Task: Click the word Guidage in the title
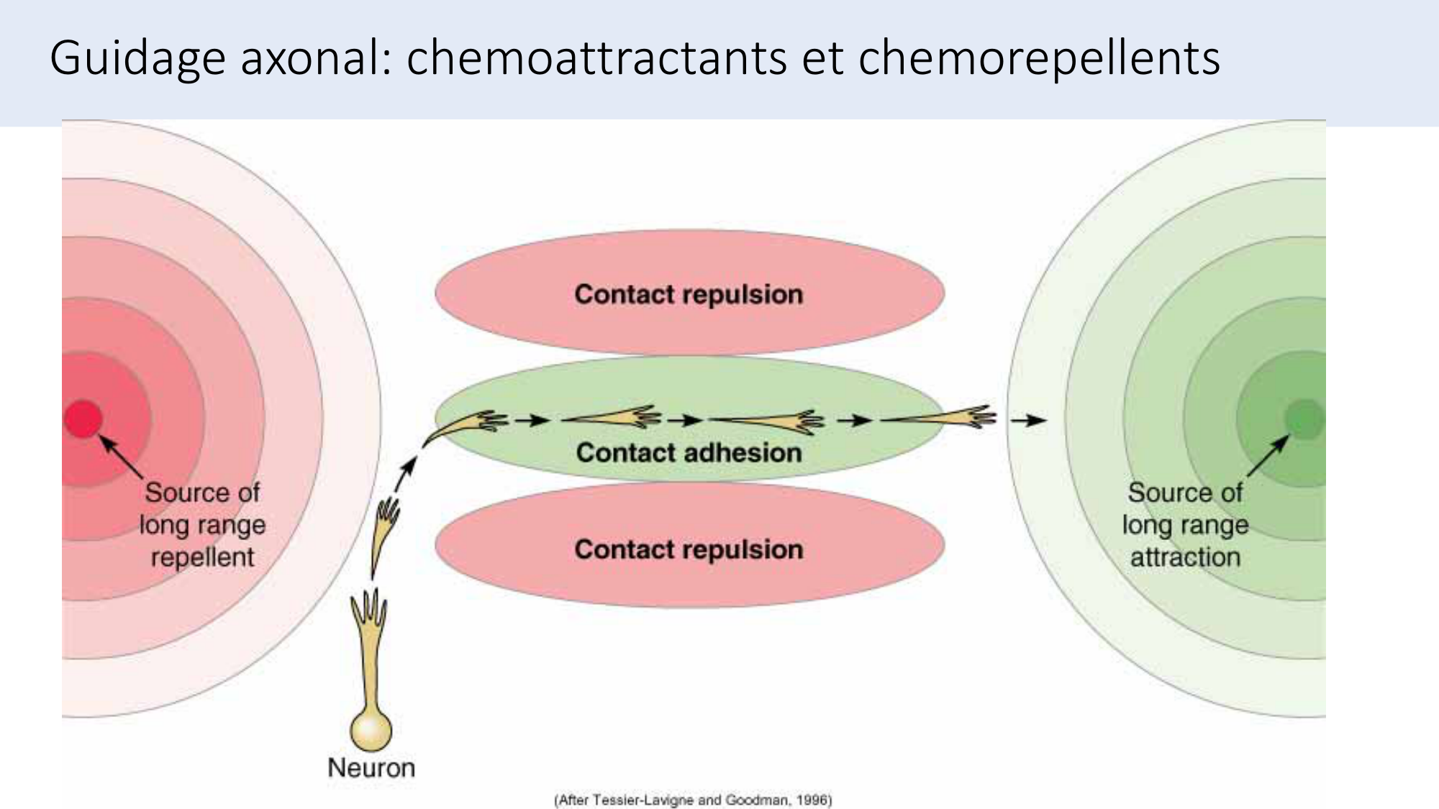pyautogui.click(x=137, y=58)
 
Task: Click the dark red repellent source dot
pyautogui.click(x=83, y=419)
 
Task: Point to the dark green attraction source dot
pyautogui.click(x=1304, y=419)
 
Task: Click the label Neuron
pyautogui.click(x=371, y=767)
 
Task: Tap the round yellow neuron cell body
pyautogui.click(x=371, y=730)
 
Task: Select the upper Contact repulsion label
pyautogui.click(x=689, y=294)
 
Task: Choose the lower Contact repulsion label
pyautogui.click(x=689, y=549)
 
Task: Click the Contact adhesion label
pyautogui.click(x=689, y=452)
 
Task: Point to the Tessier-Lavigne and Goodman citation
pyautogui.click(x=692, y=800)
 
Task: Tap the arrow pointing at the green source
pyautogui.click(x=1268, y=456)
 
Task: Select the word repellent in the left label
pyautogui.click(x=202, y=557)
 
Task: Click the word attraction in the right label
pyautogui.click(x=1185, y=557)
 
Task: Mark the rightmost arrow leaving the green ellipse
pyautogui.click(x=1027, y=420)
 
